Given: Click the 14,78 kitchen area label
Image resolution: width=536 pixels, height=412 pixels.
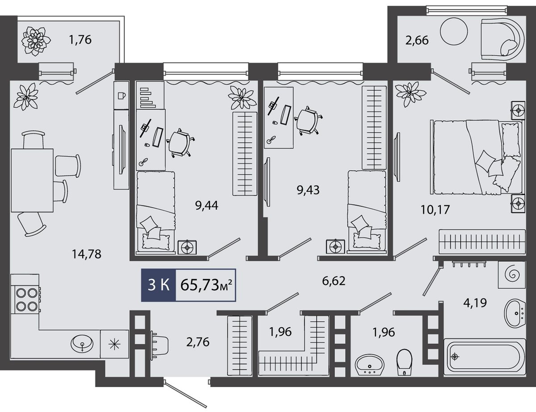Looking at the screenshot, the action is coord(86,254).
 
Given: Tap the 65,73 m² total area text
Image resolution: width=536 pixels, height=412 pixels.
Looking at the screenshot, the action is coord(206,285).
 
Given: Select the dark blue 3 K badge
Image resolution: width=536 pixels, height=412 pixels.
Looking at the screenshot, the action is coord(159,285).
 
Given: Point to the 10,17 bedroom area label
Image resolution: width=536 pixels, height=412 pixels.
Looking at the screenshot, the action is coord(435,210).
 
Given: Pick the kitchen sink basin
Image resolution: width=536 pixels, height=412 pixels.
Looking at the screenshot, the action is coord(82,343).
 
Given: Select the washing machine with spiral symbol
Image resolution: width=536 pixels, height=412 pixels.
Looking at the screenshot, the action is coord(512,274).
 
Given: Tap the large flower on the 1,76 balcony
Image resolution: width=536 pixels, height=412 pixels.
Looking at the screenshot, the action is coord(36,41).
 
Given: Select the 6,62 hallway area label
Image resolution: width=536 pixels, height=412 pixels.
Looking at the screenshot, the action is coord(334,281).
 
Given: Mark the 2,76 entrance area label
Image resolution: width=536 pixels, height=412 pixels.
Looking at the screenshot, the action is coord(198,342).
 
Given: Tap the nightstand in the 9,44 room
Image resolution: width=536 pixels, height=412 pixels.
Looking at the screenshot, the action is coord(187,247).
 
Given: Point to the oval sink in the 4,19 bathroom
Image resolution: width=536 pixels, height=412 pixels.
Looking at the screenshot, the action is coord(515,312).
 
